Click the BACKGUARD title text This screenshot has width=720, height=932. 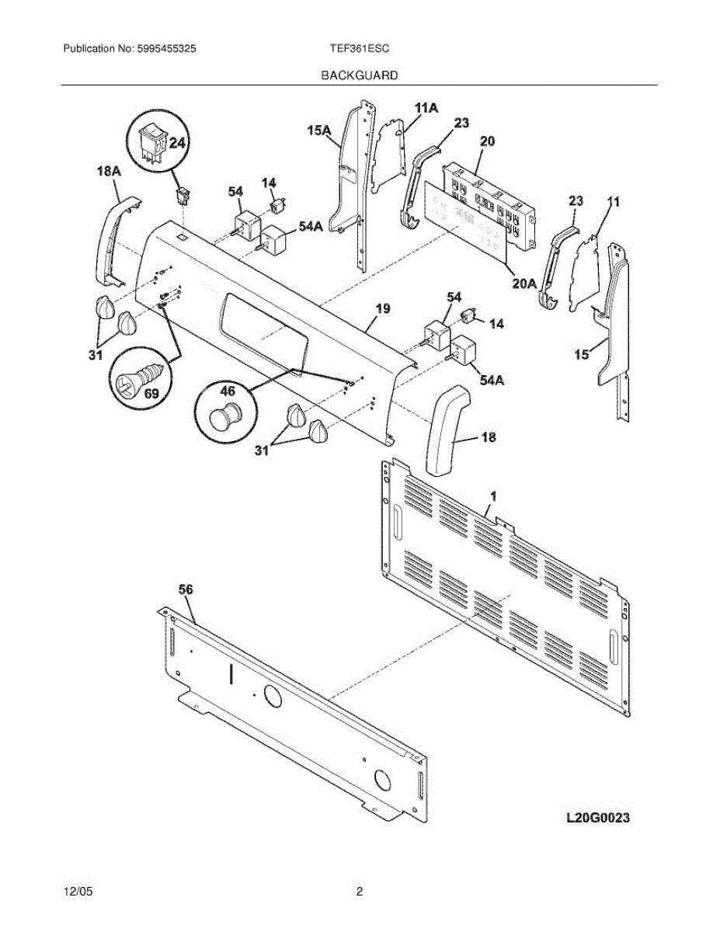tap(360, 75)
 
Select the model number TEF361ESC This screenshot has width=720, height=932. tap(360, 48)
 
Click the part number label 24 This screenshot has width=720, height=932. tap(177, 143)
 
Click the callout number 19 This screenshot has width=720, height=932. tap(382, 309)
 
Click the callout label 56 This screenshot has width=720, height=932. tap(186, 590)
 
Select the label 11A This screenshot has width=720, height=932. tap(426, 108)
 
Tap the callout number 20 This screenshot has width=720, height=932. tap(487, 141)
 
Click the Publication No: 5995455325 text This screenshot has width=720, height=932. tap(129, 48)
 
